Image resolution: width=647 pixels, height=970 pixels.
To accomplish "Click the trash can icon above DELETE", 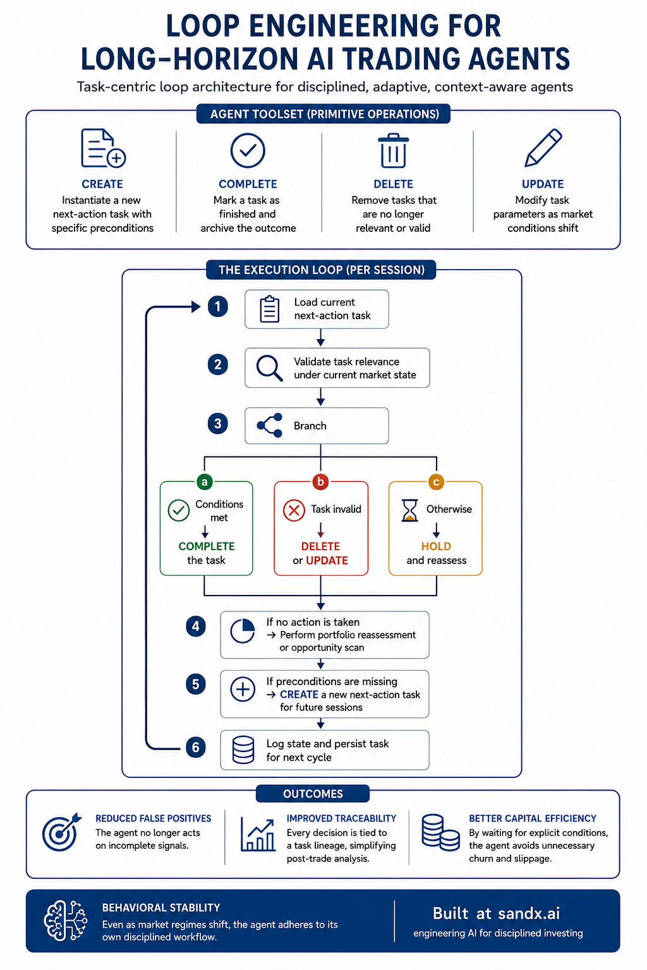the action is [x=393, y=150].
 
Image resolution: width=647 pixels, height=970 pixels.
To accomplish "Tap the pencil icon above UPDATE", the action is [x=543, y=148].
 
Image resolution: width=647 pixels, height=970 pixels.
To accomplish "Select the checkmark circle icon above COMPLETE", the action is [x=248, y=150].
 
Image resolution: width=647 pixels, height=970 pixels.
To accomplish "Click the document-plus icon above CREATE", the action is [x=103, y=148].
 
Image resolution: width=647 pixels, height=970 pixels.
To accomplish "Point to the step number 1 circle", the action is [x=217, y=306].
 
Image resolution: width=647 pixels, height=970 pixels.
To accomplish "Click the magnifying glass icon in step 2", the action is [x=269, y=368].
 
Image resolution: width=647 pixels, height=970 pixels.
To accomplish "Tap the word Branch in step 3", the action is [x=310, y=426].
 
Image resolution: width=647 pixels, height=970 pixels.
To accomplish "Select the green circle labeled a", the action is [x=205, y=482].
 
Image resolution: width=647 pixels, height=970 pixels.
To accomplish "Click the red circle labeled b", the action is [x=321, y=482].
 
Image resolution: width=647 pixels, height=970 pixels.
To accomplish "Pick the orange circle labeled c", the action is [x=436, y=482].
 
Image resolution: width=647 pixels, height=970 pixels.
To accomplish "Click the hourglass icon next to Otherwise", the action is [x=409, y=510].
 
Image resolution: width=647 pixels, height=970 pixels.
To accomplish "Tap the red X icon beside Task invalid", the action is [x=294, y=510].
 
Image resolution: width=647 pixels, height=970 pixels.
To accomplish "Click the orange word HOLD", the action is [x=436, y=546].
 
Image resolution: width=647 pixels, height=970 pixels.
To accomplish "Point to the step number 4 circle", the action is [x=195, y=626].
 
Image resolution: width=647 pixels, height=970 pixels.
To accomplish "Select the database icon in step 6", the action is [x=243, y=750].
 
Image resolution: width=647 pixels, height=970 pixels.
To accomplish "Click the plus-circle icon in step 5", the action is [x=243, y=688].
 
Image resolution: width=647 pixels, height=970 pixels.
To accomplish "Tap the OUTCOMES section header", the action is [x=313, y=794].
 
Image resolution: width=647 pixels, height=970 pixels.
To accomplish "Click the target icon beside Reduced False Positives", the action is [x=61, y=832].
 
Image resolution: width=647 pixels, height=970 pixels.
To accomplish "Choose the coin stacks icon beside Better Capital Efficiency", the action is [x=440, y=832].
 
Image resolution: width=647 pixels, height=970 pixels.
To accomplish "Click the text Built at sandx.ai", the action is [x=496, y=913].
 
